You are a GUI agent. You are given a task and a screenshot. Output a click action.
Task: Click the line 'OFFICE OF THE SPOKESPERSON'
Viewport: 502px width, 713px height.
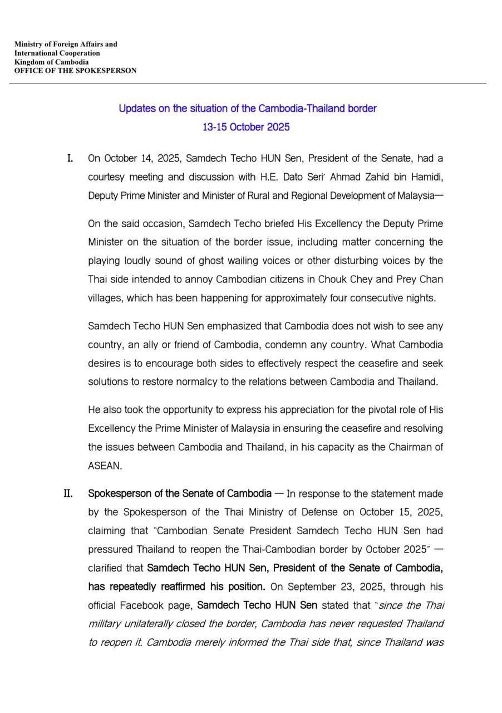click(75, 71)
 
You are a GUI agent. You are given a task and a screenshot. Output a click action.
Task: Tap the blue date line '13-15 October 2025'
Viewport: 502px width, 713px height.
click(246, 127)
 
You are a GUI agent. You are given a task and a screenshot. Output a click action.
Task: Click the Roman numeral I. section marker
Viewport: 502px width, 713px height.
click(70, 158)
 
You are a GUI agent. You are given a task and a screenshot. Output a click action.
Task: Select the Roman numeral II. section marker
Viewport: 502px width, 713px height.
click(68, 494)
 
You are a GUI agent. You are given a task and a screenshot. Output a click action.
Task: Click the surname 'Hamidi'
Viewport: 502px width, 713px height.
click(426, 177)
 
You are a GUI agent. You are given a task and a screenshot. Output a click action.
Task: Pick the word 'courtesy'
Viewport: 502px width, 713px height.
click(106, 177)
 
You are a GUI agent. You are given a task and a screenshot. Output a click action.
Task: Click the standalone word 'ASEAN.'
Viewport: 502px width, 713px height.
click(105, 466)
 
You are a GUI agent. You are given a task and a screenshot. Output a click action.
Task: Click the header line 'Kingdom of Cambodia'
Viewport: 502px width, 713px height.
click(51, 62)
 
